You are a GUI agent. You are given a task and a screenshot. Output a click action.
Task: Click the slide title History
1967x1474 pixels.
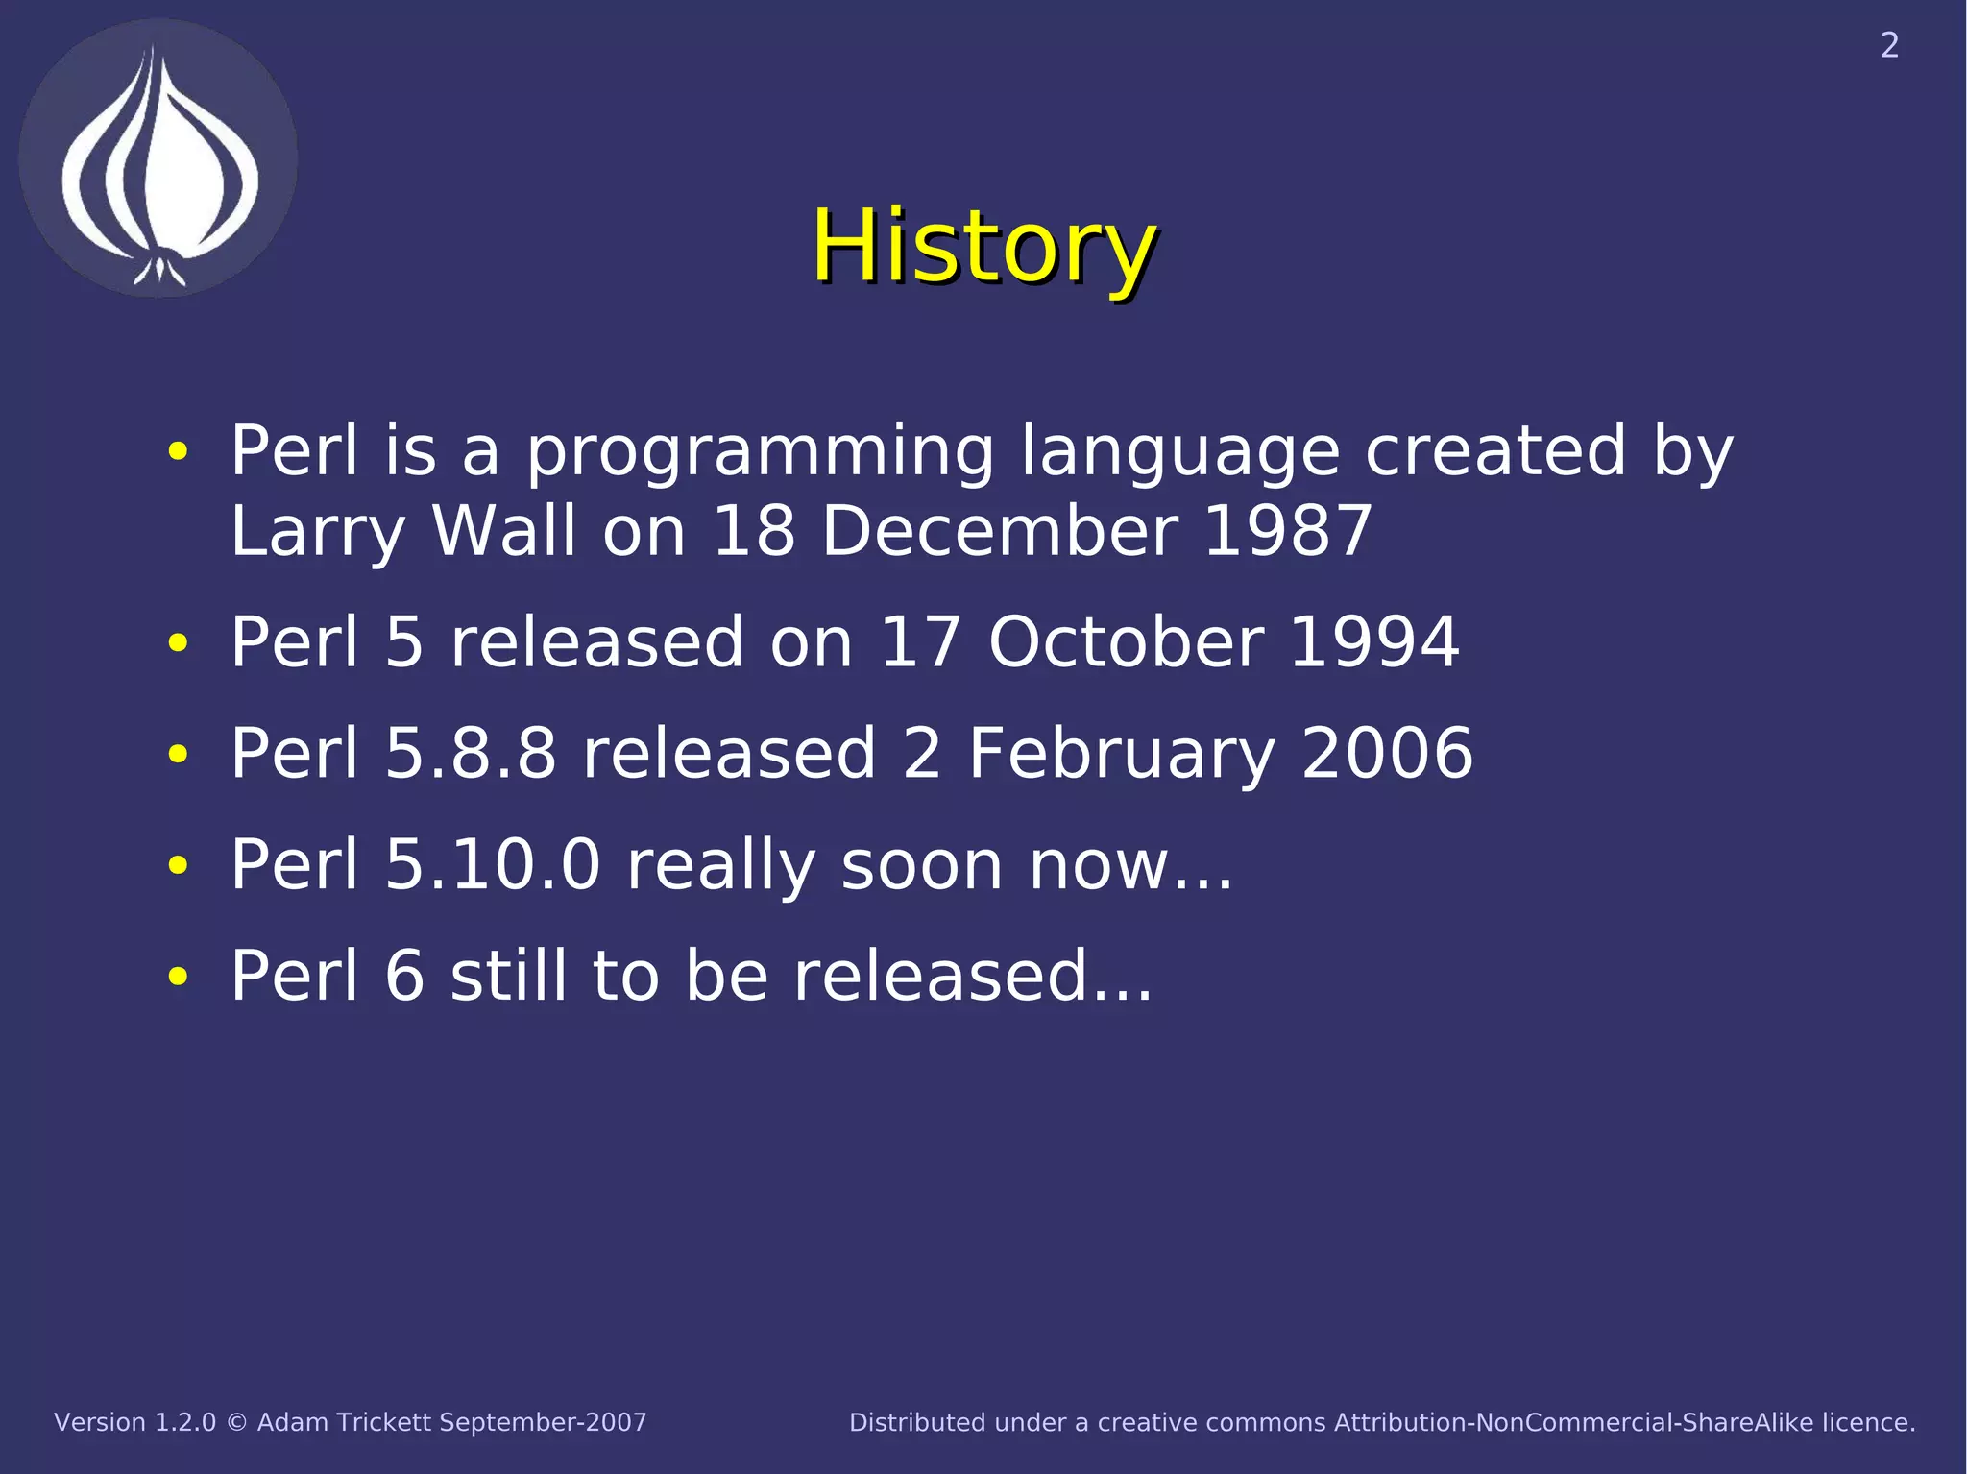983,248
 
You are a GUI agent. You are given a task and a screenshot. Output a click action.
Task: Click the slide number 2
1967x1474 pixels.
1889,46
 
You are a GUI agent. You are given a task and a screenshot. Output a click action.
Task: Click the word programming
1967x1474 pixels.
759,451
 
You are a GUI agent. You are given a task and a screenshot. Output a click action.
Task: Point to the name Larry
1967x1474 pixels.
318,531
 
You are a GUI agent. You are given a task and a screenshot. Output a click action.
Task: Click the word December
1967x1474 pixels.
999,531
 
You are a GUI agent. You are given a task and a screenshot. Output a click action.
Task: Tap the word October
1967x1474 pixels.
1126,641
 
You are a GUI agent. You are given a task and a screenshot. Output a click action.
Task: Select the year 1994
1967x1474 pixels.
1373,641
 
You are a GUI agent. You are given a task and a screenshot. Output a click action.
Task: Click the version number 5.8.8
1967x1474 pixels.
471,753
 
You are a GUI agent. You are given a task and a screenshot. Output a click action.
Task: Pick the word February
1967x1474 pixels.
1121,753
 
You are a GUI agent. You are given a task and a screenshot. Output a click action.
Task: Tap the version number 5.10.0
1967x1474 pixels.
492,864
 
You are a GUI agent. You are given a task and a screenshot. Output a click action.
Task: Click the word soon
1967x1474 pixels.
920,864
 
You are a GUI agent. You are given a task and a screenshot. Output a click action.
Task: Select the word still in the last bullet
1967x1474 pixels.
508,976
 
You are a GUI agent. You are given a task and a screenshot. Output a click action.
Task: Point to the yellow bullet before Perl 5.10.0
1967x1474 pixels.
178,865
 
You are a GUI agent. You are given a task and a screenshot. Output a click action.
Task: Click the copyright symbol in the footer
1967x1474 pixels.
236,1423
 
